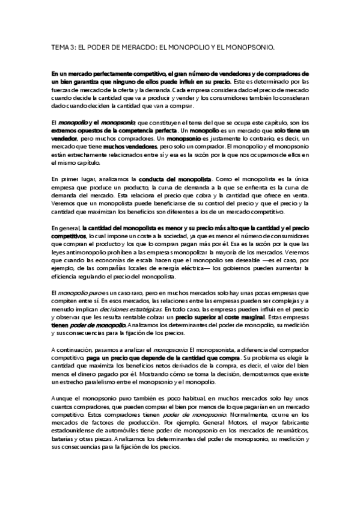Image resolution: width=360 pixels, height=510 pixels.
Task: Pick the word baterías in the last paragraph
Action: point(65,444)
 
